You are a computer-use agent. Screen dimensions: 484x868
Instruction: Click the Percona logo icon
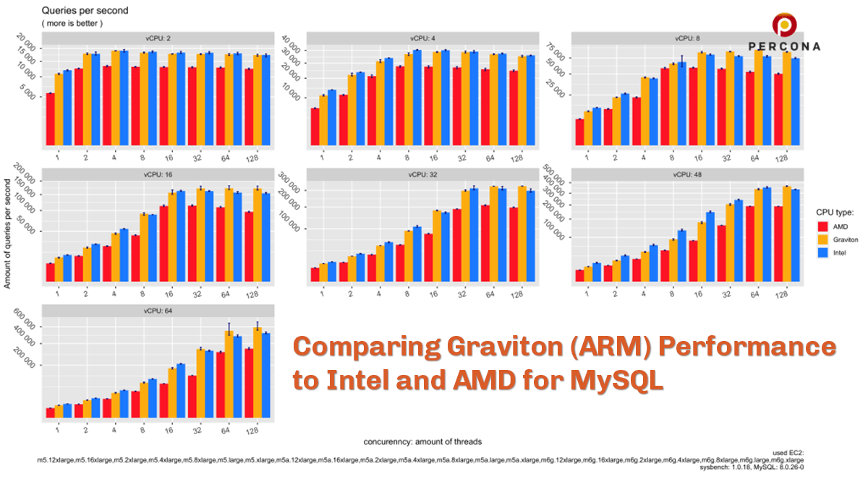coord(784,26)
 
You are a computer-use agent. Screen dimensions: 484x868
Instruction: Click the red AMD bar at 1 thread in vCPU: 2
coord(51,119)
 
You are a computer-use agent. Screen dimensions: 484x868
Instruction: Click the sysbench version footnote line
coord(752,468)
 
